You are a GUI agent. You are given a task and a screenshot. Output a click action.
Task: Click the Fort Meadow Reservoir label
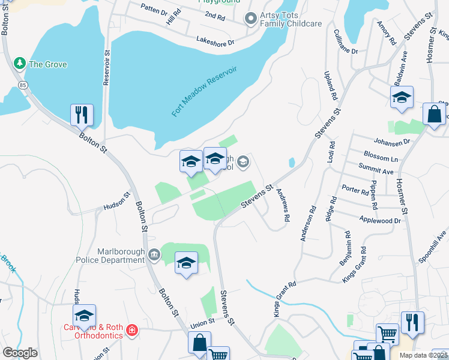204,91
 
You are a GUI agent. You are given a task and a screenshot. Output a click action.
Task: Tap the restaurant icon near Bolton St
82,114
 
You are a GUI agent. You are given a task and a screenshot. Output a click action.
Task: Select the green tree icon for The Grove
20,63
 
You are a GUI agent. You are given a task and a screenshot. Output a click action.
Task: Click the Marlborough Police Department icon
154,254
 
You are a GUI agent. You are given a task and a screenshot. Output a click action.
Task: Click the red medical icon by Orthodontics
132,330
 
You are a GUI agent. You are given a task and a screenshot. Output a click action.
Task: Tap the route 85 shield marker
23,85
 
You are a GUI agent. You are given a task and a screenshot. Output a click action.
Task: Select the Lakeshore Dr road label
215,40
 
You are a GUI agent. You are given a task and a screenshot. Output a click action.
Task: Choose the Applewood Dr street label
379,221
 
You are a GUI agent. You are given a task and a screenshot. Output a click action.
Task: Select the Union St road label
203,322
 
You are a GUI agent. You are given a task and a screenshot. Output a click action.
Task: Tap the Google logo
20,353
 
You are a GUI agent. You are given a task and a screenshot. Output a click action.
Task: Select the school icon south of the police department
186,263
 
